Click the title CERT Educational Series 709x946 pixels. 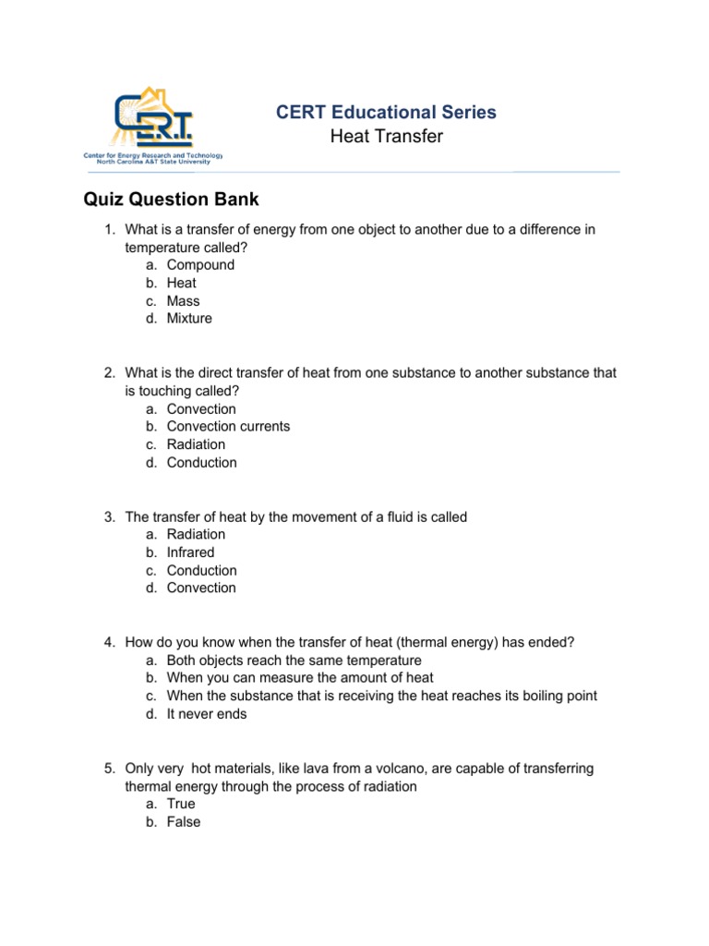coord(386,112)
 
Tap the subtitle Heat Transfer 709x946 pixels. coord(386,137)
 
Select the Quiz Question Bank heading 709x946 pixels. coord(173,200)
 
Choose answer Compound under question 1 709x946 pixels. coord(200,265)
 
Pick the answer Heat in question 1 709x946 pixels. coord(182,283)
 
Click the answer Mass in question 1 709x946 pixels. coord(183,301)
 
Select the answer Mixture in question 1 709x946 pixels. coord(189,319)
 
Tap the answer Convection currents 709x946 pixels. coord(228,427)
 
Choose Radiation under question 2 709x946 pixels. coord(196,444)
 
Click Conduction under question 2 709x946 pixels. coord(201,463)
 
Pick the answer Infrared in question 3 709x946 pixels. coord(190,552)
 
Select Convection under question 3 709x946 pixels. coord(201,588)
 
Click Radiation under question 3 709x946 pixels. coord(196,534)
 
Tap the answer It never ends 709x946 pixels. coord(207,714)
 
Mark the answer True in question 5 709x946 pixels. coord(181,804)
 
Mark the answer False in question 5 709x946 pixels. coord(183,822)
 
